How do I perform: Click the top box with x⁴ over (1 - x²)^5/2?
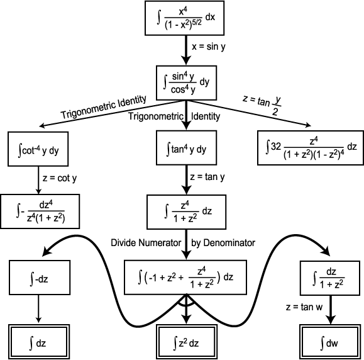pos(185,18)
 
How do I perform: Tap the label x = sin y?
pos(209,47)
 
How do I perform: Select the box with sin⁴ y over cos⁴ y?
pos(187,83)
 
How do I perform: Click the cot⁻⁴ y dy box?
pos(38,149)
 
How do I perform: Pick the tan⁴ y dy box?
pos(187,148)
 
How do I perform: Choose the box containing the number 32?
pos(311,148)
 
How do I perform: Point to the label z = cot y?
pos(60,179)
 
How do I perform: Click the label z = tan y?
pos(207,177)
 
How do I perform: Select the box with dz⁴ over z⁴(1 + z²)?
pos(40,211)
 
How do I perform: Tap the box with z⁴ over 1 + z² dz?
pos(187,212)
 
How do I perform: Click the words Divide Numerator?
pos(146,243)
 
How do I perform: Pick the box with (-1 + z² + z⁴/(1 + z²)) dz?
pos(185,278)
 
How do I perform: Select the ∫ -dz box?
pos(40,278)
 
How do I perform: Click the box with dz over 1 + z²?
pos(330,278)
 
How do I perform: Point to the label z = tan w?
pos(304,307)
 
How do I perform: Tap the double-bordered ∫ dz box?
pos(39,342)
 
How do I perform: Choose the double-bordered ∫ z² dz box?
pos(187,342)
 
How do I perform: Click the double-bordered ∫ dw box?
pos(330,342)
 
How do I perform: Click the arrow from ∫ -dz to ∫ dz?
pos(38,309)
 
